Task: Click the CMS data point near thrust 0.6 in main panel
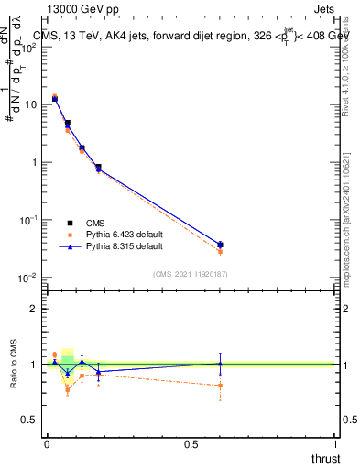click(220, 245)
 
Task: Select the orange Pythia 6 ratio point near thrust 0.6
click(220, 386)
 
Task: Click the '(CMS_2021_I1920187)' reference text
click(190, 273)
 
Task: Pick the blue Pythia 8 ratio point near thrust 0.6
click(220, 364)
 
